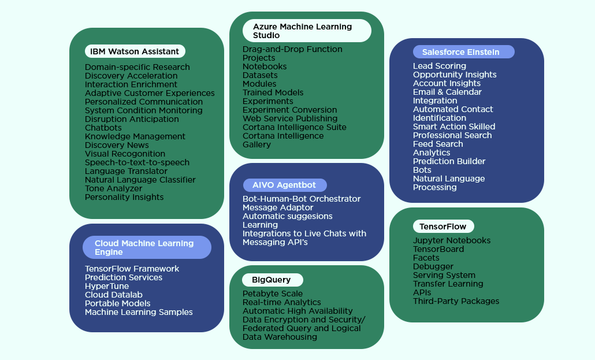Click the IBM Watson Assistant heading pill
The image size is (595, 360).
point(135,51)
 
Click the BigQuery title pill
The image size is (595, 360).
point(271,280)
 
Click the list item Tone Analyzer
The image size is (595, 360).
point(113,188)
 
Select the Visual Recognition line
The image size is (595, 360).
point(125,154)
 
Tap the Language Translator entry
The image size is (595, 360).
point(126,171)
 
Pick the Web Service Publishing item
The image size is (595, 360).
point(290,118)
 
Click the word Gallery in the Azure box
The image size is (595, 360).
point(256,144)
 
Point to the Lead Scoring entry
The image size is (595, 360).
point(440,66)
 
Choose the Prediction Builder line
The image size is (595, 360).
point(449,161)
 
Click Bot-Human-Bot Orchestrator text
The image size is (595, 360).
point(302,199)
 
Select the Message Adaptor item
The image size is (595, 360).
point(278,207)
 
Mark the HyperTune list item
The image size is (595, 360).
point(107,286)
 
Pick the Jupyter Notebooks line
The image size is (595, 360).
point(452,240)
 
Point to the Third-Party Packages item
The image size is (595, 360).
point(456,301)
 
